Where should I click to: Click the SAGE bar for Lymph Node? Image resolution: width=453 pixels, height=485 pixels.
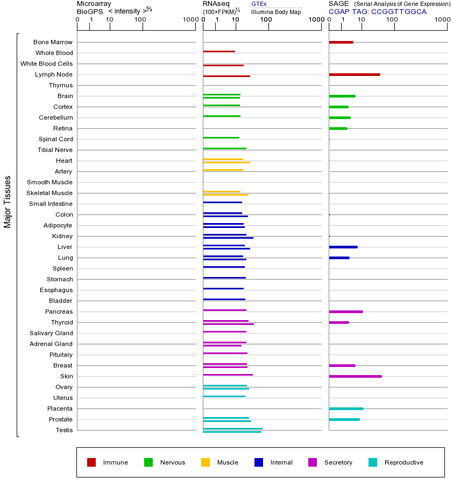[355, 74]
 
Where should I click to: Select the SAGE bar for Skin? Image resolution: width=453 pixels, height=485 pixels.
[355, 376]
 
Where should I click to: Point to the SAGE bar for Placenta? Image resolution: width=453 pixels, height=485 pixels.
[346, 408]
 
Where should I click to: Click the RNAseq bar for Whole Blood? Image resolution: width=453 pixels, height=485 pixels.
[219, 51]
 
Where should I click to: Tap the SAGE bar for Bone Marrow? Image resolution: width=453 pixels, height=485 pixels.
[341, 42]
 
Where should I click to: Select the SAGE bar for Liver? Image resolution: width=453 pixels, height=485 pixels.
[343, 247]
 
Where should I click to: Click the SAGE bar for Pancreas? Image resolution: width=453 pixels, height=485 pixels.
[346, 311]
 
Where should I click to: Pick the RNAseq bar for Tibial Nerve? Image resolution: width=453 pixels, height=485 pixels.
[224, 148]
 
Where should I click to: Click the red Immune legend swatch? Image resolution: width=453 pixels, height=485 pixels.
[91, 462]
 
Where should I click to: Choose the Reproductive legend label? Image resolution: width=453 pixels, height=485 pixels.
[404, 462]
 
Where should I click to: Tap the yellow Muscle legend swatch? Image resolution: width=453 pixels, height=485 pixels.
[206, 462]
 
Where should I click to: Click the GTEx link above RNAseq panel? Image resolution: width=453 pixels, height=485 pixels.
[259, 4]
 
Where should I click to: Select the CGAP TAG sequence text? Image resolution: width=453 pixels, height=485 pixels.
[399, 11]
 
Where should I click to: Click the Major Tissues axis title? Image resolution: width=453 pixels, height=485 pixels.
[8, 202]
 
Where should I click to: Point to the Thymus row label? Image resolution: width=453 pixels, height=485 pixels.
[60, 85]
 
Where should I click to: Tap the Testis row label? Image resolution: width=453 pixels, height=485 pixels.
[64, 430]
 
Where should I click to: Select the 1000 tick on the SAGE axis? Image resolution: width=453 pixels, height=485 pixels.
[442, 20]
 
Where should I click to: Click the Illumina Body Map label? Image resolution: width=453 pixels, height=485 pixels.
[276, 12]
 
